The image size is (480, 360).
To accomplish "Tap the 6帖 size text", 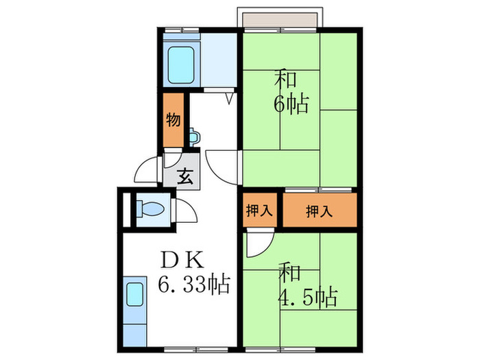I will coord(291,105).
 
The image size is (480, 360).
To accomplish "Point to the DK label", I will coord(182,260).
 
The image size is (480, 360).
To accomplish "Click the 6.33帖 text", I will coord(194,283).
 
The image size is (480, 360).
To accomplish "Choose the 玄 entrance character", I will coord(185,178).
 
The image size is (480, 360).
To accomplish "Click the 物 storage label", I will coord(173,121).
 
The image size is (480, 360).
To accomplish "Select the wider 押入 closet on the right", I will coord(320,211).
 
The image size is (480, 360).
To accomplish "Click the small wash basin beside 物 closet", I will coord(194,134).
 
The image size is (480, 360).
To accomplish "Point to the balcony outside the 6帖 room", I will coord(278,19).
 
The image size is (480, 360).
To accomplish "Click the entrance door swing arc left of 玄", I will coord(147,169).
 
